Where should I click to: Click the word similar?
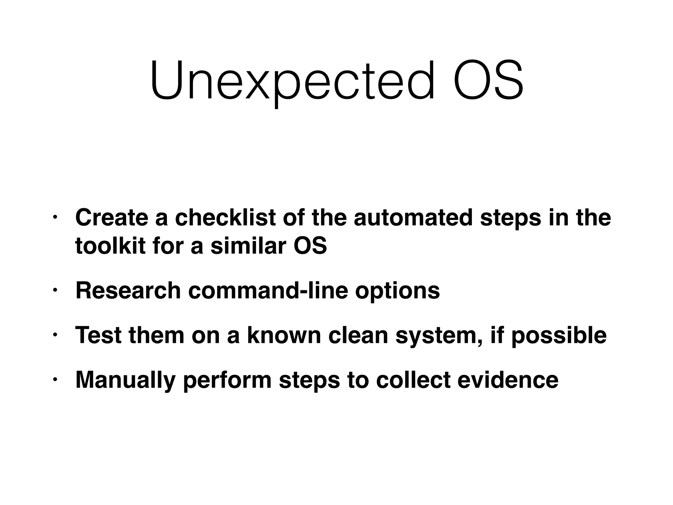point(248,246)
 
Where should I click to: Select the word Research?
point(128,291)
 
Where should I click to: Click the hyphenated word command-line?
point(268,291)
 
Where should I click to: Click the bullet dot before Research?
point(55,290)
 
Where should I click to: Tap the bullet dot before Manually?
point(55,379)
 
